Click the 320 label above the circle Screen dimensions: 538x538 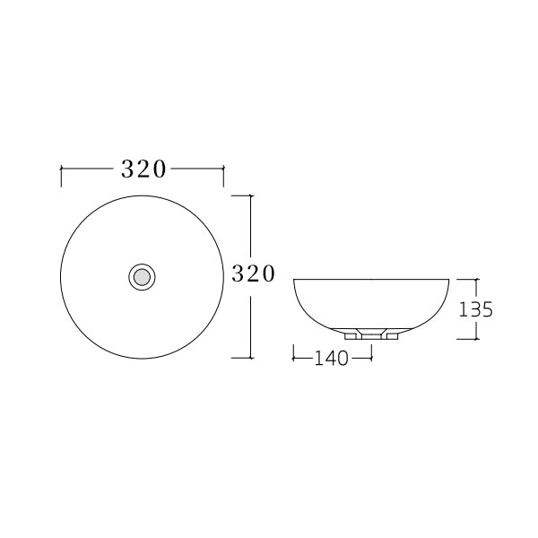click(x=143, y=169)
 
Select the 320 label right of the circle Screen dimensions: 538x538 click(x=253, y=274)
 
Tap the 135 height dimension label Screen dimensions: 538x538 click(x=476, y=309)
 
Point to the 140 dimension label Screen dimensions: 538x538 click(x=332, y=359)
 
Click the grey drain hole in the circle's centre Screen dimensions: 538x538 click(x=142, y=276)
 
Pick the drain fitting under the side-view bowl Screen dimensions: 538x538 click(x=370, y=334)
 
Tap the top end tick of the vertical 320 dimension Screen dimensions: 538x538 click(x=250, y=195)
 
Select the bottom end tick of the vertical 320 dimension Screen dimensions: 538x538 click(x=250, y=357)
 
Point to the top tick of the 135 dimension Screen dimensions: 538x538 click(x=475, y=280)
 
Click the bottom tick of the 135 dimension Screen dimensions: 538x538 click(x=475, y=338)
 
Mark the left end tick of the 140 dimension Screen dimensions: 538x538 click(x=293, y=358)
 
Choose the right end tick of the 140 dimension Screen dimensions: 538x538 click(x=370, y=358)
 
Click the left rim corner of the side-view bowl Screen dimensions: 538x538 click(x=294, y=280)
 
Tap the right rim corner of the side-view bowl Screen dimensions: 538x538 click(x=448, y=280)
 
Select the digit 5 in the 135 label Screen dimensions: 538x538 click(x=487, y=309)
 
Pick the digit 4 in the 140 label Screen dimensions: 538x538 click(x=332, y=359)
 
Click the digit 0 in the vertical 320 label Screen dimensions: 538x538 click(x=266, y=274)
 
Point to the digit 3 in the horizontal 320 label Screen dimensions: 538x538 click(x=127, y=169)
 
